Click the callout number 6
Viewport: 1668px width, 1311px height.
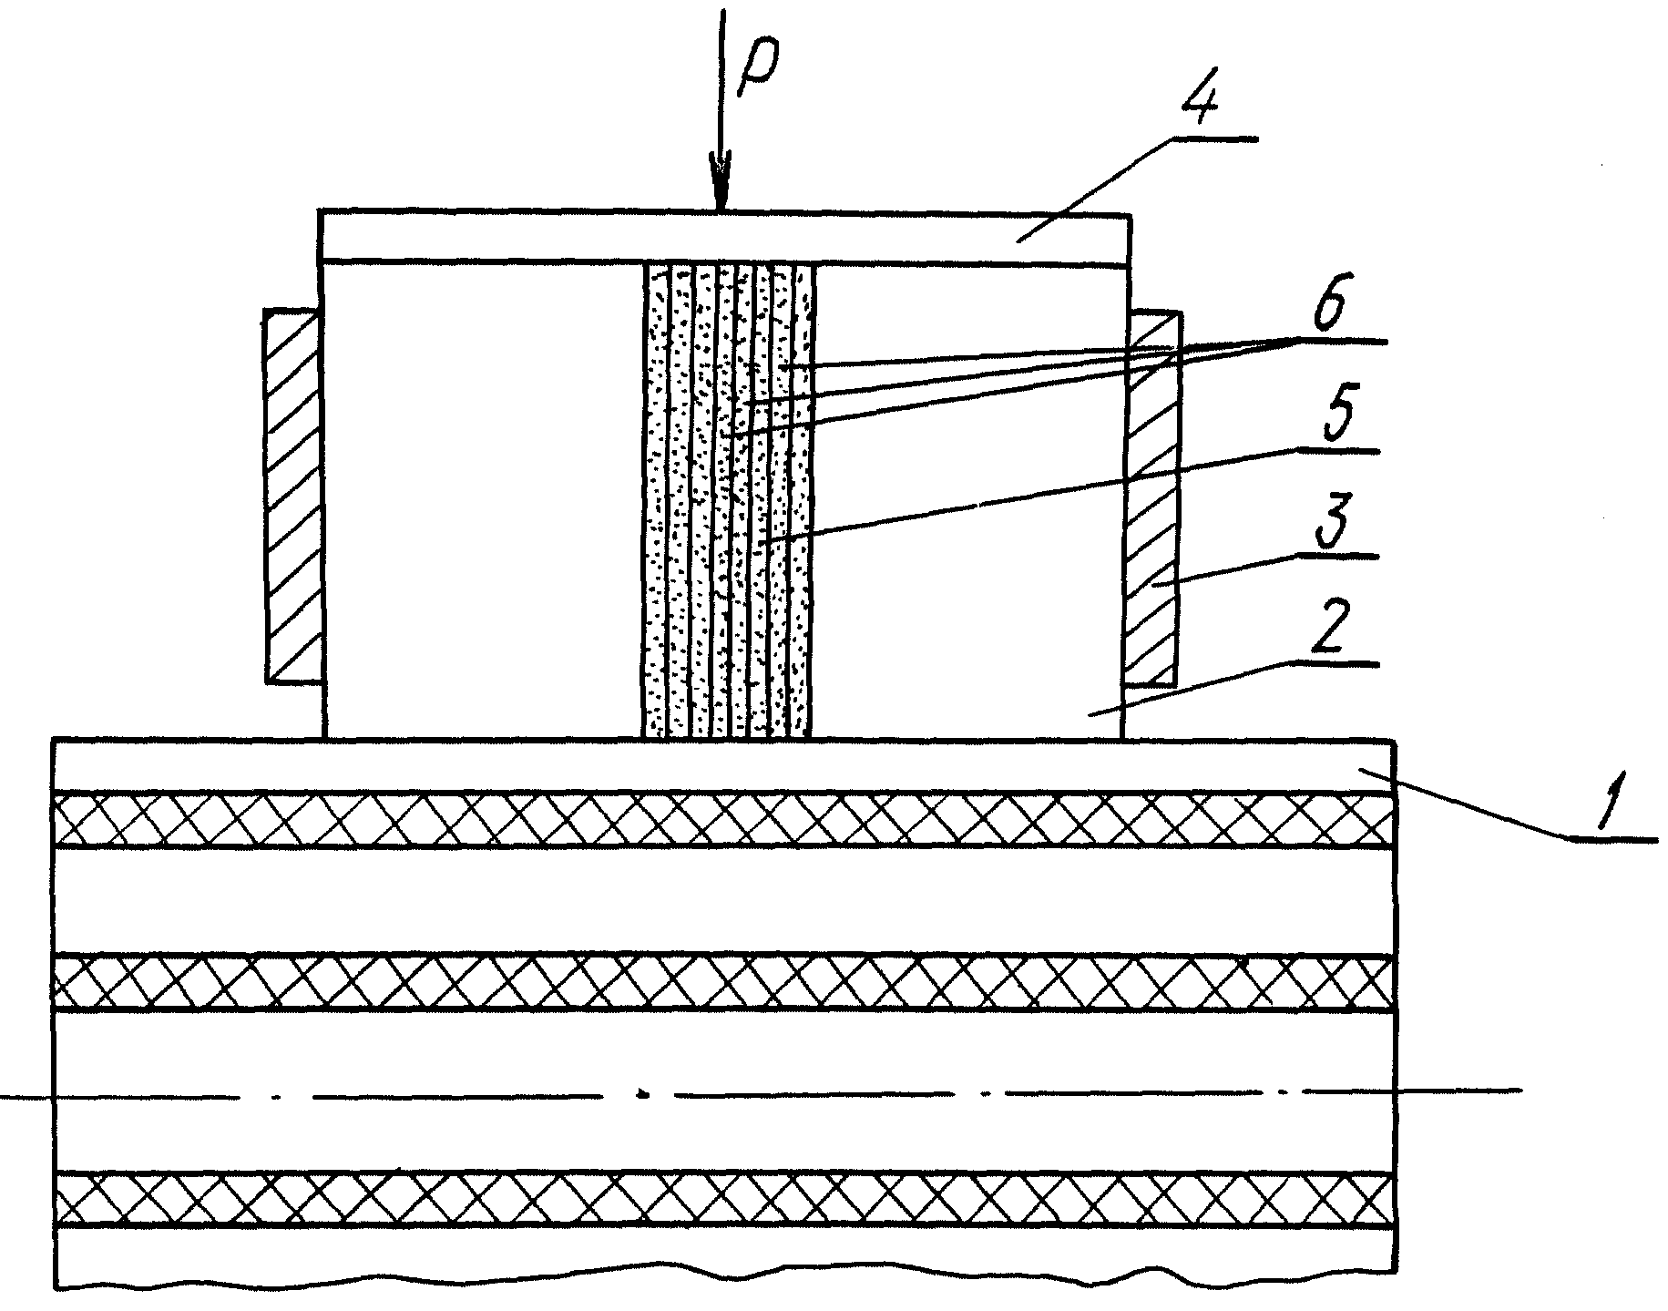pyautogui.click(x=1321, y=308)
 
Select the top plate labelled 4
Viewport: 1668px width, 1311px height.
pyautogui.click(x=725, y=239)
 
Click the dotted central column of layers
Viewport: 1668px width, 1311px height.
pyautogui.click(x=728, y=501)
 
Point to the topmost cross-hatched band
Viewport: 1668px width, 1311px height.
pyautogui.click(x=724, y=820)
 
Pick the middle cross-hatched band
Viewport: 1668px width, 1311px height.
pyautogui.click(x=724, y=984)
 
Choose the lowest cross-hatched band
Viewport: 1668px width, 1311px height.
pyautogui.click(x=724, y=1200)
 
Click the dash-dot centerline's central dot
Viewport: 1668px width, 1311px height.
pyautogui.click(x=644, y=1092)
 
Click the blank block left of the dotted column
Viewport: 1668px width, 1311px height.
pyautogui.click(x=483, y=501)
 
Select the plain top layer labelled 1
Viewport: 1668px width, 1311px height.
pyautogui.click(x=724, y=765)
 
